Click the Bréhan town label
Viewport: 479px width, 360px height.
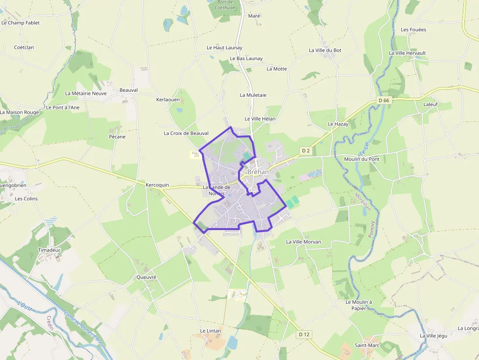tap(258, 172)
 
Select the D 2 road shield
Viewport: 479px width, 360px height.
tap(306, 151)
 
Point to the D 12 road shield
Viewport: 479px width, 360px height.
tap(304, 335)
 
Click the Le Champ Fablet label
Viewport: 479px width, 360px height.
tap(21, 22)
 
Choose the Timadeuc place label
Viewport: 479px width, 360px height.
tap(49, 250)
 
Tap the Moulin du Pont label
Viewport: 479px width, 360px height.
tap(362, 159)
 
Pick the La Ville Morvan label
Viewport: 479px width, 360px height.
tap(304, 242)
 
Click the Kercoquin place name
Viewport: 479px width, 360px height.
tap(157, 185)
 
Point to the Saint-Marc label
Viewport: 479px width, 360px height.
tap(367, 345)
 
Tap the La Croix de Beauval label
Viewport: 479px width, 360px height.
tap(186, 133)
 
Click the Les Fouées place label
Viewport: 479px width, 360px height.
tap(414, 29)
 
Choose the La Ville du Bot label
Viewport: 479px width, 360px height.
tap(325, 50)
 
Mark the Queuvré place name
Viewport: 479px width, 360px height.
tap(146, 277)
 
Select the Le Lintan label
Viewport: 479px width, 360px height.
tap(211, 331)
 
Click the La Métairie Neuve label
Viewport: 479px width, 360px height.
tap(86, 93)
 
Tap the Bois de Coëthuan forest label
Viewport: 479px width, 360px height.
tap(226, 4)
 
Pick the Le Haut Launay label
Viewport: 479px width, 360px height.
tap(224, 48)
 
